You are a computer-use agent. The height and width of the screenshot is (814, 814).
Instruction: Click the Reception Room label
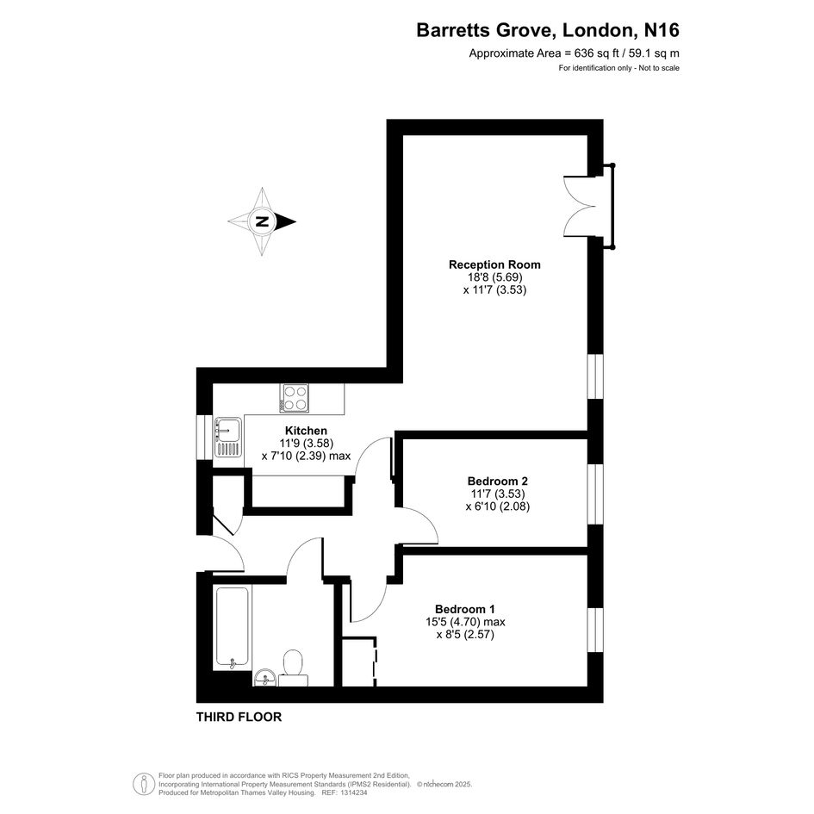[494, 264]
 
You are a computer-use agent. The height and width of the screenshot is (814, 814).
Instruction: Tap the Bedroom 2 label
[497, 481]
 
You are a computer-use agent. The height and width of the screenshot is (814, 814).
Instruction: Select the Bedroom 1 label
[465, 607]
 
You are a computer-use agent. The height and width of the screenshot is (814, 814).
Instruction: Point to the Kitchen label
[306, 431]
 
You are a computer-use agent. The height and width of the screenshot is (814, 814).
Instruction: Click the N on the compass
[262, 222]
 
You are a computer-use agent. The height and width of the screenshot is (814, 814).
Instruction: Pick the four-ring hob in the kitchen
[295, 398]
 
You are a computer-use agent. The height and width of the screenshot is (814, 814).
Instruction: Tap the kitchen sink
[227, 437]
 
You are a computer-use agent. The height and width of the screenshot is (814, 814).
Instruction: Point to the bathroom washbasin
[264, 677]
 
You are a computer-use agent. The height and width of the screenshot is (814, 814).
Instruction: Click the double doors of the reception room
[577, 206]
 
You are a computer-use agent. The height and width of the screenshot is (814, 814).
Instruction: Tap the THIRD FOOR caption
[239, 717]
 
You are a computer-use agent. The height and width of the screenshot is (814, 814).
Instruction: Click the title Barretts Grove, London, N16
[548, 31]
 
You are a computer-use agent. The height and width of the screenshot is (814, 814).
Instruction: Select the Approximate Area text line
[574, 53]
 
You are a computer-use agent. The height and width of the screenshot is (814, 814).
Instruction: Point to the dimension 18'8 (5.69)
[494, 277]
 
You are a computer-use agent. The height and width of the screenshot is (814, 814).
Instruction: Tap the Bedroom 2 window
[595, 494]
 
